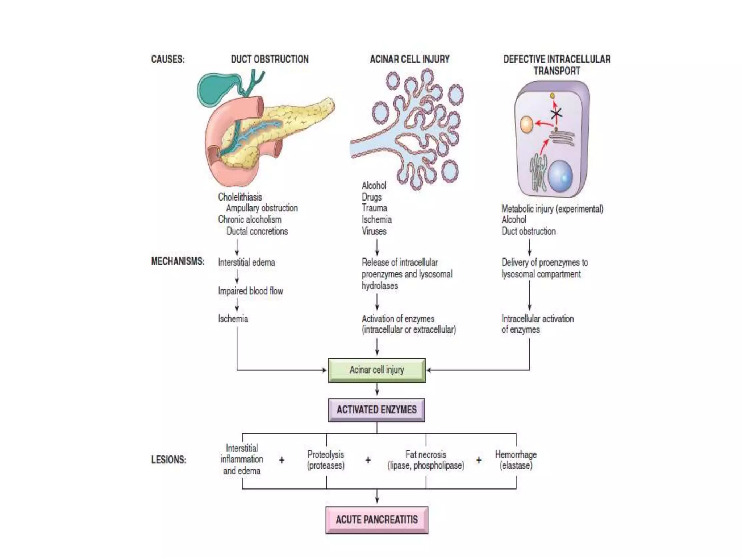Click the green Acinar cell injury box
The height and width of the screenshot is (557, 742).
377,370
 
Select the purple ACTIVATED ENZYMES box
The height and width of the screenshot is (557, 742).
376,410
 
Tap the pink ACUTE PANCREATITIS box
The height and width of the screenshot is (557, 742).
377,520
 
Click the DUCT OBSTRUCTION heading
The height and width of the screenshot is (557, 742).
270,59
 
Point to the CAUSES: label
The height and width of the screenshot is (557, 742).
168,59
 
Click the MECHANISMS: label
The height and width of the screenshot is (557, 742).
178,261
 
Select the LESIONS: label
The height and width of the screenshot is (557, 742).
168,460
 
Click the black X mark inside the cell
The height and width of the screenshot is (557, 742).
556,114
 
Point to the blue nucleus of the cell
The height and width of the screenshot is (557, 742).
560,176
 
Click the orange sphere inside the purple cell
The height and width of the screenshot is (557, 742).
526,124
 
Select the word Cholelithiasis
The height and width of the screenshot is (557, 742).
240,197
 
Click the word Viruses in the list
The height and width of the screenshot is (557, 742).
374,231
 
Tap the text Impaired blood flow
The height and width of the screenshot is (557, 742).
250,291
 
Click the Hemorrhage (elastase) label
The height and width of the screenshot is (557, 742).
516,460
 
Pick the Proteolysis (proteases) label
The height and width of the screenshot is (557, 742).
326,460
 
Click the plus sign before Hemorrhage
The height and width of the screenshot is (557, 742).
479,460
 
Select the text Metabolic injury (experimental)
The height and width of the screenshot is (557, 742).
552,209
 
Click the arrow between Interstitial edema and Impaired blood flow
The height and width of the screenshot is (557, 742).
237,276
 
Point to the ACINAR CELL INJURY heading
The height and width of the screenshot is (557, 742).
409,59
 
